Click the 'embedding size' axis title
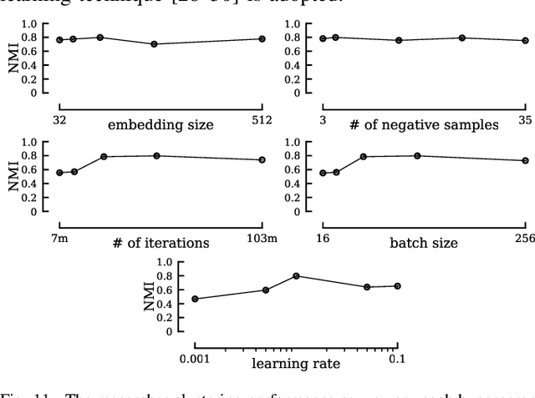(x=160, y=125)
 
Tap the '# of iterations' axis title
(x=160, y=244)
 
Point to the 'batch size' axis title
(x=423, y=244)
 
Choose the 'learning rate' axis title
(x=294, y=363)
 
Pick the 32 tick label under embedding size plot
(x=59, y=120)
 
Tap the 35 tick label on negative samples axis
(x=525, y=120)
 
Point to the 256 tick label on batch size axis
(x=524, y=239)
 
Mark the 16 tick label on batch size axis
(x=323, y=239)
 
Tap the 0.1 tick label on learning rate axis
(x=397, y=359)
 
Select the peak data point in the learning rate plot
(x=296, y=276)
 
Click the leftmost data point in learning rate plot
(x=195, y=299)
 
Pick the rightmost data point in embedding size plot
(x=262, y=39)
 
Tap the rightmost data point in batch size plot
(x=525, y=161)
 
